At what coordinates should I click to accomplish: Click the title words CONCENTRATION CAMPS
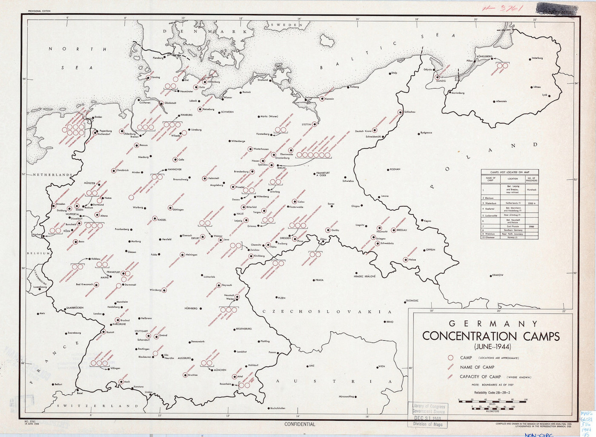coord(491,336)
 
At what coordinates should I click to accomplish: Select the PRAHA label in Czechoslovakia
coord(319,280)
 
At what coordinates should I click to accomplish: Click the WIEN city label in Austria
coord(381,366)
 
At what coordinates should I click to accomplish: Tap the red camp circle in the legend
coord(450,358)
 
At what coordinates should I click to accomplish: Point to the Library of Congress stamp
coord(428,415)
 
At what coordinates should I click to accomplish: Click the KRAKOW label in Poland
coord(497,275)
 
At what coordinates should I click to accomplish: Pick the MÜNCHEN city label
coord(220,370)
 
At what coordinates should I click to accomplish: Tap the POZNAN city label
coord(395,169)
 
